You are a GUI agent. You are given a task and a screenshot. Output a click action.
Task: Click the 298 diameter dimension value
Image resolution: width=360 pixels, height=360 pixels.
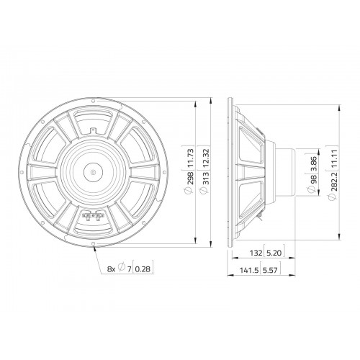(190, 178)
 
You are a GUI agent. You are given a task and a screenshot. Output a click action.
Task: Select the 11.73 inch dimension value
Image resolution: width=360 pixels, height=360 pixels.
(190, 158)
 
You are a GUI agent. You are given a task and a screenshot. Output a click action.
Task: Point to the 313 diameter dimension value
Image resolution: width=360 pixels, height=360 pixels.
(206, 178)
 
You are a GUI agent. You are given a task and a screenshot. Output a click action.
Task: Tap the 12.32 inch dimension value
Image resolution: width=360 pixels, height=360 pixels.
(206, 158)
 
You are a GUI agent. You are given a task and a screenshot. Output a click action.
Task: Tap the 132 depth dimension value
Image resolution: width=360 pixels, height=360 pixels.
(256, 253)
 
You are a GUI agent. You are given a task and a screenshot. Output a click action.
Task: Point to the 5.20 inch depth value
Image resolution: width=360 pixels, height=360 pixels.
(274, 253)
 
